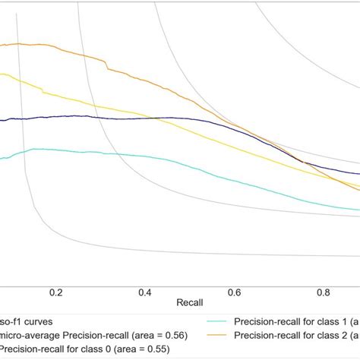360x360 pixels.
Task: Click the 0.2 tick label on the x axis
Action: pos(55,292)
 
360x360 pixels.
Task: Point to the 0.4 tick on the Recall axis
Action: pos(145,292)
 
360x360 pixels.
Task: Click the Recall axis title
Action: pos(189,302)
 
